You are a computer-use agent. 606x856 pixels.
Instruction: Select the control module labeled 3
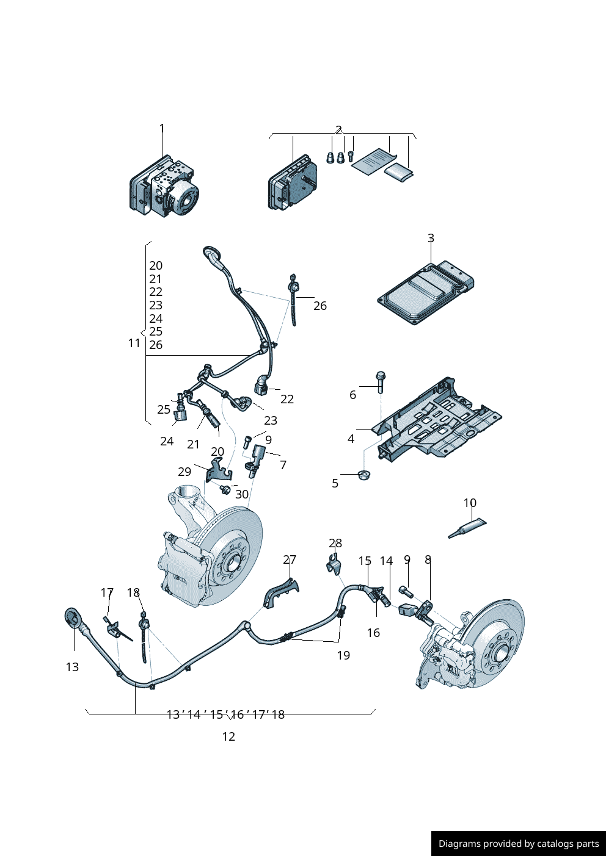425,293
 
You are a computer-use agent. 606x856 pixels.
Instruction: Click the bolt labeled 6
381,381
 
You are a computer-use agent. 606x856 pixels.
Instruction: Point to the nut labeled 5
364,474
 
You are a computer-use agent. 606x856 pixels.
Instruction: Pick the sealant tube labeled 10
467,528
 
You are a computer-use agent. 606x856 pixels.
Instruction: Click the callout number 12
228,736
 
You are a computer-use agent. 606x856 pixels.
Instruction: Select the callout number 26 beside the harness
320,306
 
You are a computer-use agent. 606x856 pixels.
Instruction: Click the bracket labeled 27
282,592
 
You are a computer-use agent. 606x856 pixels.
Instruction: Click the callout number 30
242,494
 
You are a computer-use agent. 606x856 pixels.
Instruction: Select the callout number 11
134,343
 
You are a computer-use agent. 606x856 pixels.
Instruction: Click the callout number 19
343,655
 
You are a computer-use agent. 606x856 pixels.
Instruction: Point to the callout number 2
338,130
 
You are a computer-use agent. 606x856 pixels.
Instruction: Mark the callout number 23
271,420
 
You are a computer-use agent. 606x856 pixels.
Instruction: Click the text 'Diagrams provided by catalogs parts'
519,844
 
